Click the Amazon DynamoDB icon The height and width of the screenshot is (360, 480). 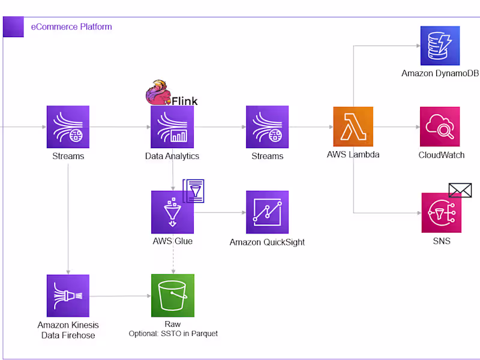pos(440,46)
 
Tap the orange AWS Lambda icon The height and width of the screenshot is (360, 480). pos(353,127)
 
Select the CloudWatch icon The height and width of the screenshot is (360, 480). pos(440,127)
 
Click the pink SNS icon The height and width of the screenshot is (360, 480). pos(441,212)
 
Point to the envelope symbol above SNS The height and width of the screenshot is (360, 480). pos(460,190)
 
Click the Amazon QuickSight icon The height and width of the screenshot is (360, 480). pos(267,212)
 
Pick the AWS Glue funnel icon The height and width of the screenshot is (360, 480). pos(172,212)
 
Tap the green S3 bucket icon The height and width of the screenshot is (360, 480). pos(172,295)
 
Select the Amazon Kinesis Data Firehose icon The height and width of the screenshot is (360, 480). pos(68,295)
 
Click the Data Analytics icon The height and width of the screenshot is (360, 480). pos(172,127)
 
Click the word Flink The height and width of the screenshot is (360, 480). pos(185,101)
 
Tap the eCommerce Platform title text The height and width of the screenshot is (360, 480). pos(71,27)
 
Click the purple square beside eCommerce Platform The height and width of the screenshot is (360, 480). pos(13,27)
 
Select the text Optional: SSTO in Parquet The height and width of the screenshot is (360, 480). pos(173,334)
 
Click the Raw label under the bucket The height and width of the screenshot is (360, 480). pos(173,324)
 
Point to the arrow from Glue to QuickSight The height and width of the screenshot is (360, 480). pos(220,212)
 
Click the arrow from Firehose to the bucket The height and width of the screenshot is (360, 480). pos(120,296)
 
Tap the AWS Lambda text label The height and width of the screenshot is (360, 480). pos(353,154)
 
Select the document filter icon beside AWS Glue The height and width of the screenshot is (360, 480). pos(194,191)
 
